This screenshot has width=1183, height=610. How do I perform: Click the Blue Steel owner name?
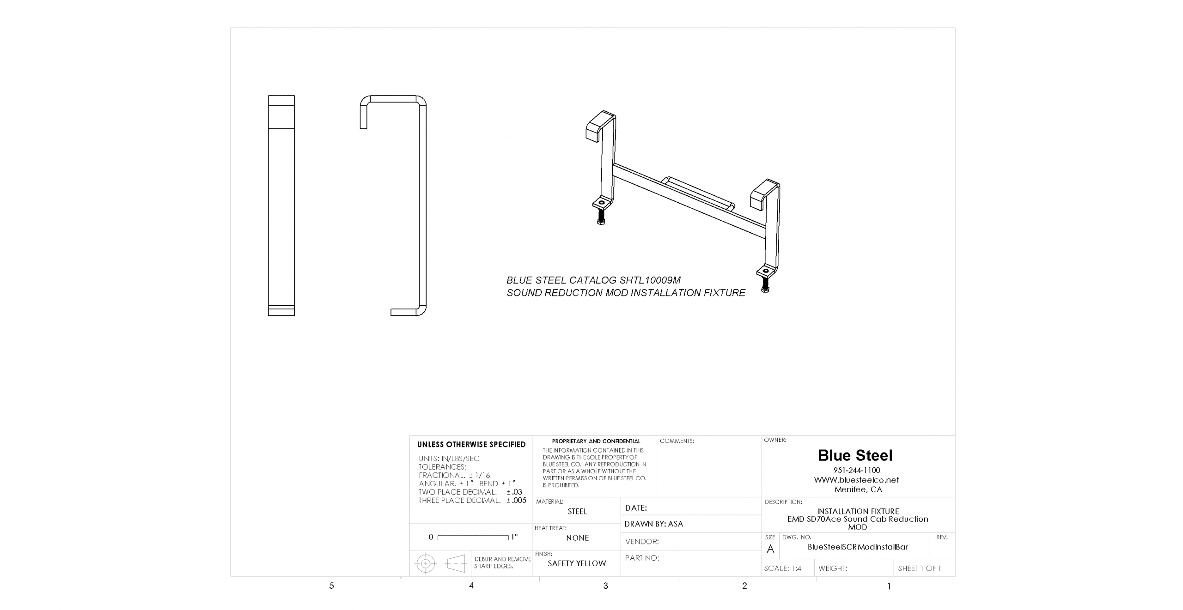point(855,455)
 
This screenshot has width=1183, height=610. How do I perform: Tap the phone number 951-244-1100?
point(857,470)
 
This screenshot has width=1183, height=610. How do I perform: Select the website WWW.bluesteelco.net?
point(856,480)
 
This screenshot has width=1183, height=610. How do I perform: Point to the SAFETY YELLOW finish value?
point(577,563)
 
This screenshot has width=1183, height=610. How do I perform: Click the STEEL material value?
point(577,512)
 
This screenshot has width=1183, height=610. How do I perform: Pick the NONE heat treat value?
point(577,538)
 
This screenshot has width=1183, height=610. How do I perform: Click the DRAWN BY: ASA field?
point(653,524)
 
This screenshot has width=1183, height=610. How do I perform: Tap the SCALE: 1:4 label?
point(782,568)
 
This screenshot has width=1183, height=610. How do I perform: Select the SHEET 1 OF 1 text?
point(919,568)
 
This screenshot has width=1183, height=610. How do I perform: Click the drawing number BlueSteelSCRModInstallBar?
point(858,547)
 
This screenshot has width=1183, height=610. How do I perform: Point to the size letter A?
point(770,549)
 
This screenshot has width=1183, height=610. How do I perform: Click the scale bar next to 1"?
point(473,538)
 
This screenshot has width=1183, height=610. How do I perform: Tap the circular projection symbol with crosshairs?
point(426,564)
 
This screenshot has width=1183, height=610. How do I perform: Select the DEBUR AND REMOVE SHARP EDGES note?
point(502,562)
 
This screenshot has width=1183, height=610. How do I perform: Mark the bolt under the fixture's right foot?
point(765,284)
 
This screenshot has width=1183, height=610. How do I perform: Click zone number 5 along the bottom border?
point(331,586)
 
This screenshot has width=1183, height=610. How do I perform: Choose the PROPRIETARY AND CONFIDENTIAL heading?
point(596,441)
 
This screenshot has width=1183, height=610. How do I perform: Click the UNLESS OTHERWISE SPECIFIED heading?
point(471,445)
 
